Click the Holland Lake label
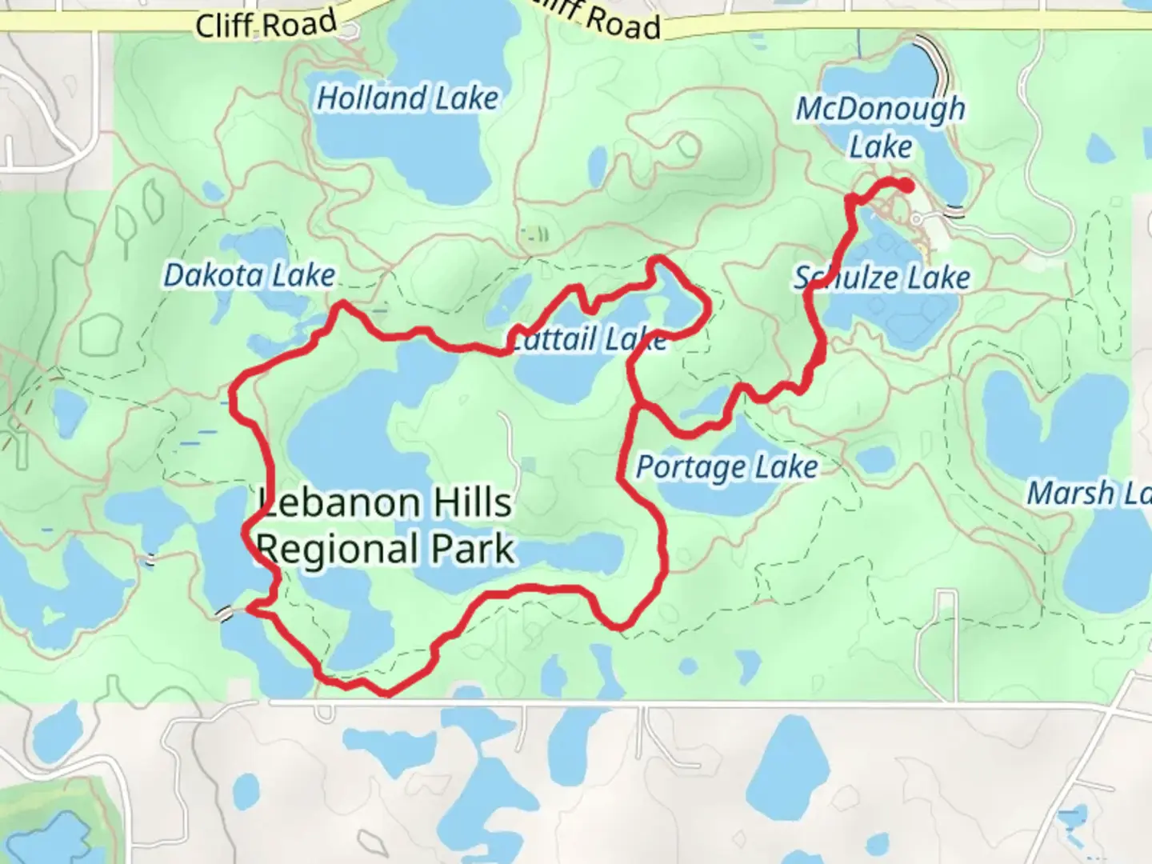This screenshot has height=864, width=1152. [x=407, y=98]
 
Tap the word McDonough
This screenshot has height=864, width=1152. [x=880, y=110]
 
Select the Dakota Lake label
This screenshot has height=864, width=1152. [x=249, y=275]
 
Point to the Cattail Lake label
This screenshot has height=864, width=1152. [x=588, y=339]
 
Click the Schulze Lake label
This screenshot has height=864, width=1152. [x=882, y=278]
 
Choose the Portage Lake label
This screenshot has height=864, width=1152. [x=726, y=467]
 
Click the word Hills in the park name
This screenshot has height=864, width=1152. [x=472, y=503]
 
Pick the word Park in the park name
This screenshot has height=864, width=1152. [x=472, y=550]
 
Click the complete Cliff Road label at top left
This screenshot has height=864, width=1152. [x=266, y=24]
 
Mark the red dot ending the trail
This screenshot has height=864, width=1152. [x=906, y=186]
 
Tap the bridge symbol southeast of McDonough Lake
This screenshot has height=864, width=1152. [x=954, y=212]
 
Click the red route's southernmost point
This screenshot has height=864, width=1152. [x=387, y=693]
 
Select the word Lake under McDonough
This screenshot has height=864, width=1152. [x=880, y=147]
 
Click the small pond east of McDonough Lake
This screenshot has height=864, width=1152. [x=1099, y=147]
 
